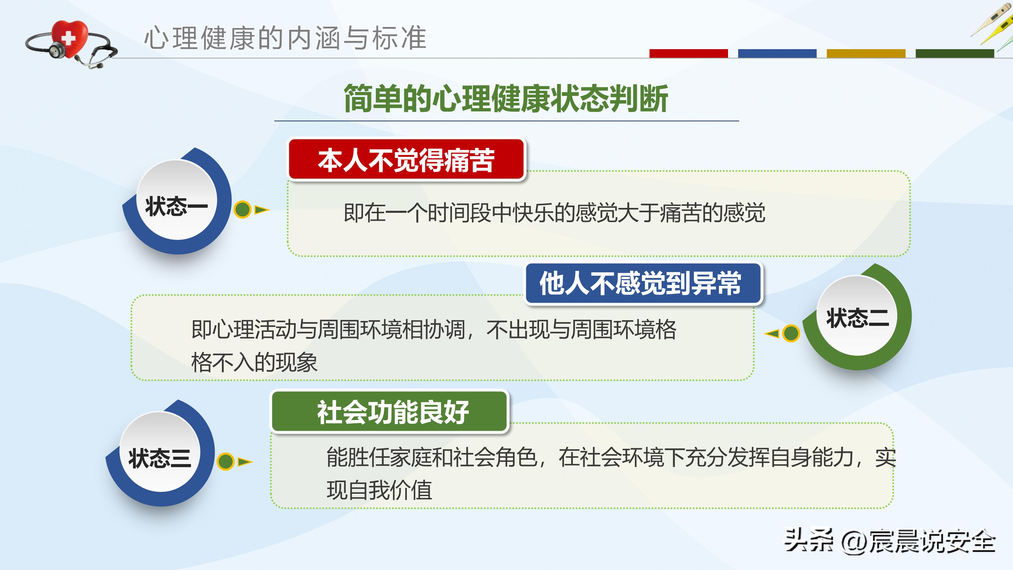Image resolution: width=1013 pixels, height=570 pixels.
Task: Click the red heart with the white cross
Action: pyautogui.click(x=70, y=38)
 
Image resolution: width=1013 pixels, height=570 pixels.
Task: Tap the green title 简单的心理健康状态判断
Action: pyautogui.click(x=506, y=98)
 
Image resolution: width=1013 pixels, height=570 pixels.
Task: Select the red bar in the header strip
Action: pyautogui.click(x=688, y=53)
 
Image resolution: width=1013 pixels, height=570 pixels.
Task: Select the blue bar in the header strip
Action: pyautogui.click(x=777, y=53)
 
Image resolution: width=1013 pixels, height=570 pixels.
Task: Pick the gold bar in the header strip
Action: pyautogui.click(x=866, y=53)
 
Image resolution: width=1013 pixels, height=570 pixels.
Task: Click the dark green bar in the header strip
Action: pyautogui.click(x=954, y=53)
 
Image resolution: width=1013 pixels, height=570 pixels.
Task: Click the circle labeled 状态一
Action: pyautogui.click(x=177, y=201)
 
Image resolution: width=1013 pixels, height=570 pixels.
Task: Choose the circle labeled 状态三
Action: pyautogui.click(x=160, y=452)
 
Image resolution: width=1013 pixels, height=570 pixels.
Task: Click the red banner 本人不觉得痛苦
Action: pyautogui.click(x=406, y=160)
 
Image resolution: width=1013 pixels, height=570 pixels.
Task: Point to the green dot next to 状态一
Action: pyautogui.click(x=242, y=209)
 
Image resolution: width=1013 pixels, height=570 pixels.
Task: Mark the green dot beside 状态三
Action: pyautogui.click(x=226, y=461)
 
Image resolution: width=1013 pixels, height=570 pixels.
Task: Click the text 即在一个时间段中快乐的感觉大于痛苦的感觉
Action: pyautogui.click(x=554, y=213)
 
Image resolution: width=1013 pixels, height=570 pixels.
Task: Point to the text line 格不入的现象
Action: pyautogui.click(x=254, y=362)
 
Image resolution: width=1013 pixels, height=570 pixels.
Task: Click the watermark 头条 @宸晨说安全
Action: pyautogui.click(x=890, y=541)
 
